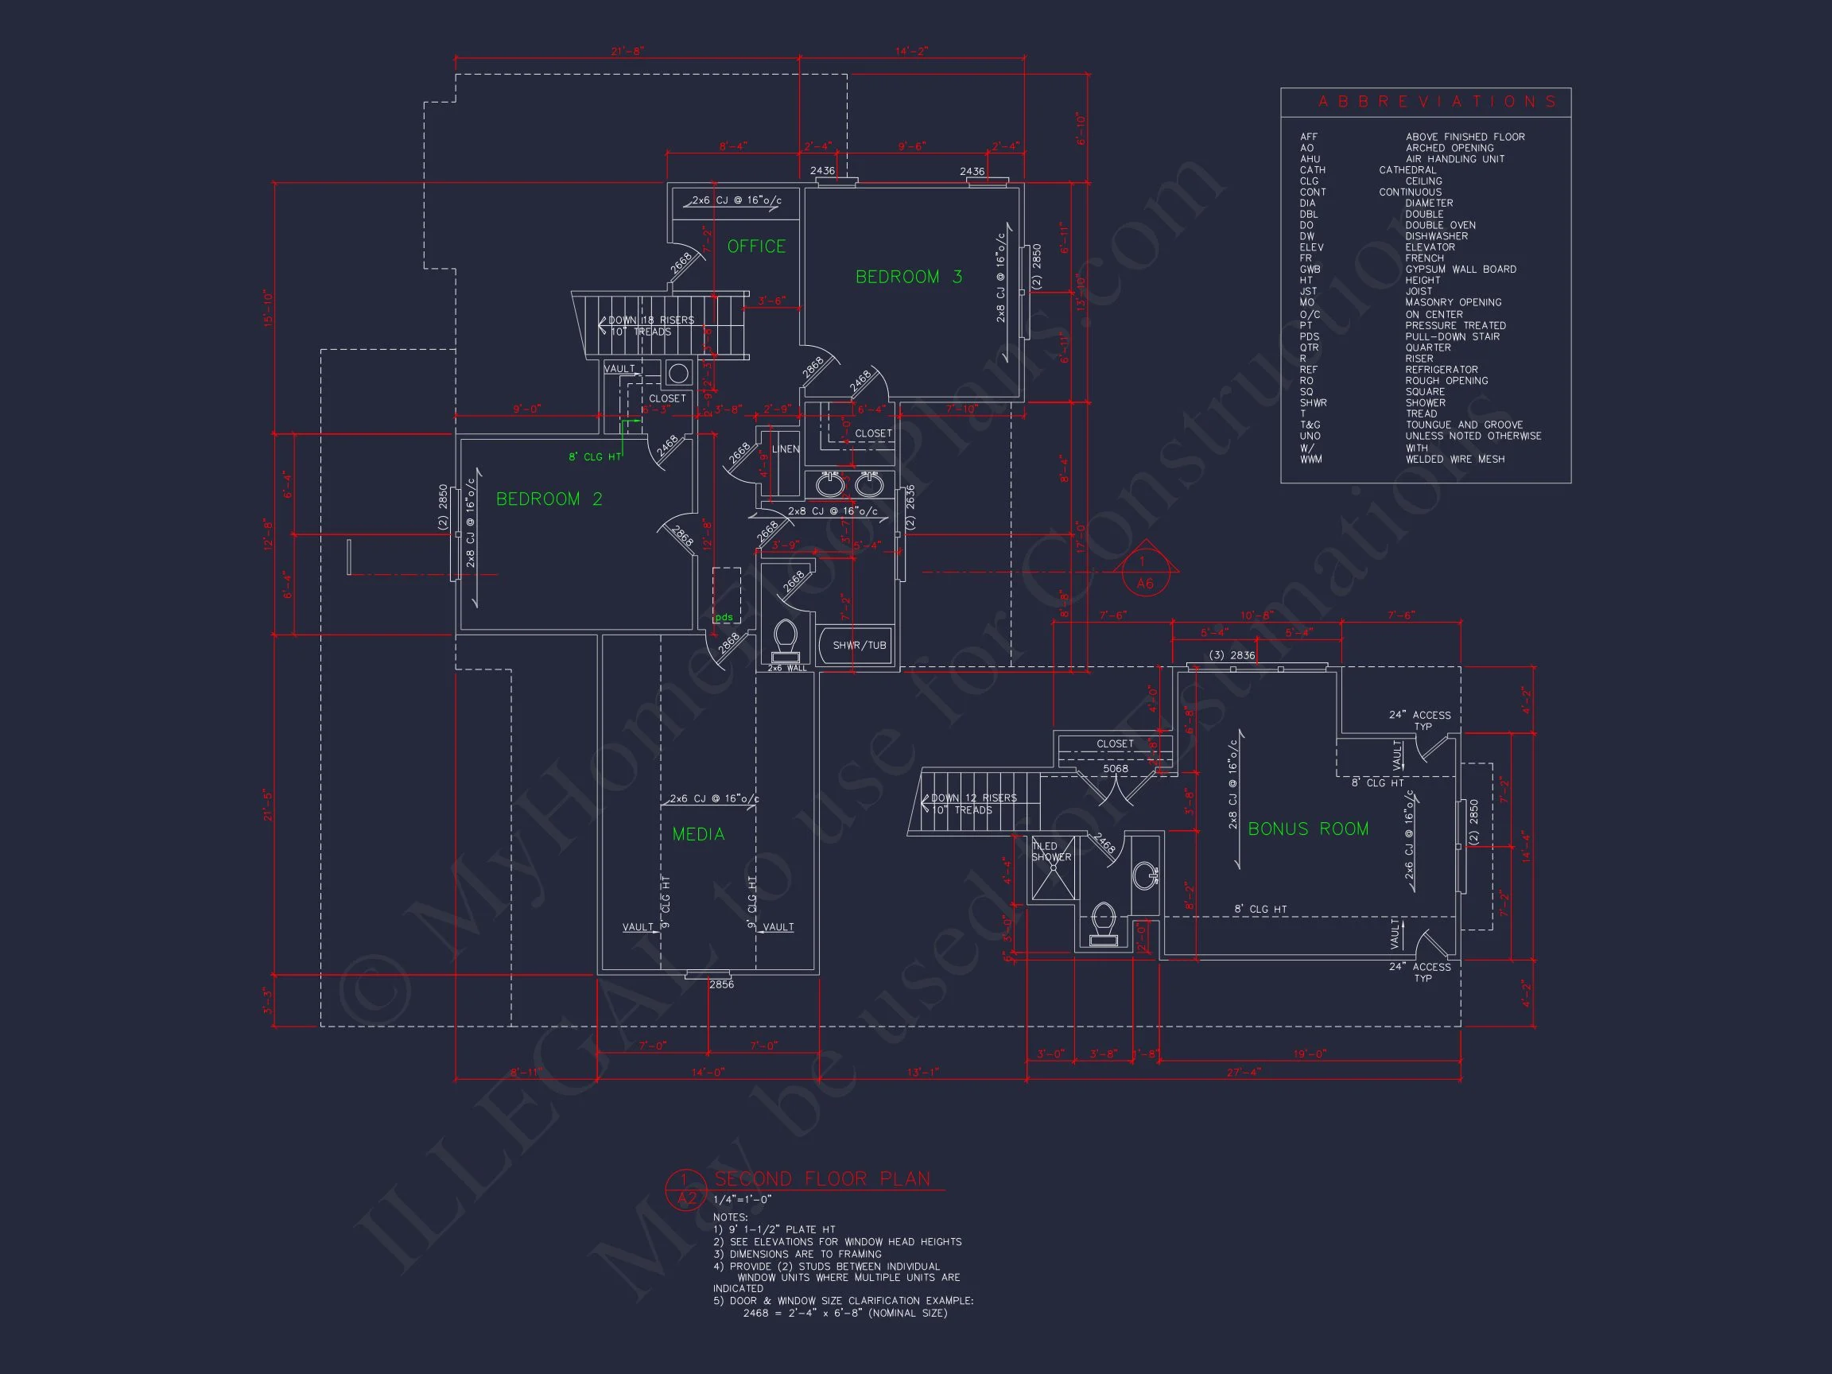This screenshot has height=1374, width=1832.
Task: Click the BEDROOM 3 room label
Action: [x=909, y=277]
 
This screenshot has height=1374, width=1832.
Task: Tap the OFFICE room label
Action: [x=756, y=246]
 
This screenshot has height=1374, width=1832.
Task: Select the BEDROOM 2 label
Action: [x=549, y=499]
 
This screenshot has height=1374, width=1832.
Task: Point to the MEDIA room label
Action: [x=698, y=834]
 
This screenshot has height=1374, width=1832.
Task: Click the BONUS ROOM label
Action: [x=1308, y=829]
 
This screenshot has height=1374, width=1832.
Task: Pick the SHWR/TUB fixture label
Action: [x=859, y=645]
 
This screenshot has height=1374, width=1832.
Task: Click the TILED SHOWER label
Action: [x=1050, y=852]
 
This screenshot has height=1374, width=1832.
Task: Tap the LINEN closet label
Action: [x=785, y=449]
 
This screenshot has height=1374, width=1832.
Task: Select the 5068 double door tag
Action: [x=1115, y=769]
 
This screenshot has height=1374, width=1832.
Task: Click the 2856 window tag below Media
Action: [x=721, y=984]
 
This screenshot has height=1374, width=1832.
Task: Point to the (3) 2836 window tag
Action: [x=1232, y=655]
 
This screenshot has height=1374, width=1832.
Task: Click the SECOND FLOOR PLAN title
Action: [x=821, y=1178]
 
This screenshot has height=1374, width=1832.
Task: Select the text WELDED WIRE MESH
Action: [x=1454, y=459]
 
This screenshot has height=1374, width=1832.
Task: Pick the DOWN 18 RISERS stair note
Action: [x=651, y=320]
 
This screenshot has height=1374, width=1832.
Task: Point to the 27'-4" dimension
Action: [x=1243, y=1072]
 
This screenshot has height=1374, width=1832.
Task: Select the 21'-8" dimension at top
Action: [x=627, y=52]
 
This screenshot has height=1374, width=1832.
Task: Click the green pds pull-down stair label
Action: [x=724, y=617]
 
